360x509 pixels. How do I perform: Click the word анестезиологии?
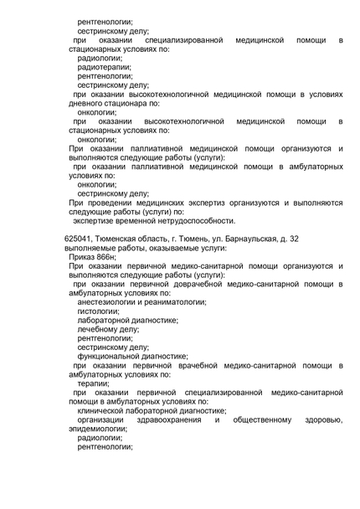[x=106, y=302]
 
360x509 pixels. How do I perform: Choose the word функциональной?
[x=106, y=356]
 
